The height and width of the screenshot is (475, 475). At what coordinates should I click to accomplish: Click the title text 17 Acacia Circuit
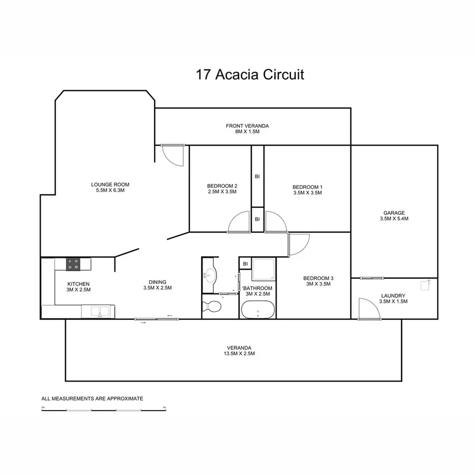250,74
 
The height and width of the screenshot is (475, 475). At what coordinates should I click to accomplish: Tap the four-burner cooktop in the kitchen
73,263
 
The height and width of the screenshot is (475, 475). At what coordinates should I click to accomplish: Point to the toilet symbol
213,307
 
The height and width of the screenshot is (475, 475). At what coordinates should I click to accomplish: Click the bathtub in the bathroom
257,310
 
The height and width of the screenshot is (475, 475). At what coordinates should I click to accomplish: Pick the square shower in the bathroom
263,270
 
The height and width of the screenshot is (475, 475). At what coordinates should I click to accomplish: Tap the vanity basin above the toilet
210,274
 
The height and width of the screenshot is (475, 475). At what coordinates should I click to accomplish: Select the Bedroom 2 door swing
239,222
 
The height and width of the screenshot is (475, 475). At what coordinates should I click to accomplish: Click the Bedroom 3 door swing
298,244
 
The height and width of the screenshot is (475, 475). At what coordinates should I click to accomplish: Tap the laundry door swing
368,309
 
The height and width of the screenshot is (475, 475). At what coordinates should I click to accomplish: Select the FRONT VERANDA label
248,126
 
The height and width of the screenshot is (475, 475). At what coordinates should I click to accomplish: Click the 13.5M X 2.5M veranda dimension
239,354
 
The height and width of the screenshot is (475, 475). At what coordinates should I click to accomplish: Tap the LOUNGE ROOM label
110,184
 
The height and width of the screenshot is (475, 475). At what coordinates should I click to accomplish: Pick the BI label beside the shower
245,264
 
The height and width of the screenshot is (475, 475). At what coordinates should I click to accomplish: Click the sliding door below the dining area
157,319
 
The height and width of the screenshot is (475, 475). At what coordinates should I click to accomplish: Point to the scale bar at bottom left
104,410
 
